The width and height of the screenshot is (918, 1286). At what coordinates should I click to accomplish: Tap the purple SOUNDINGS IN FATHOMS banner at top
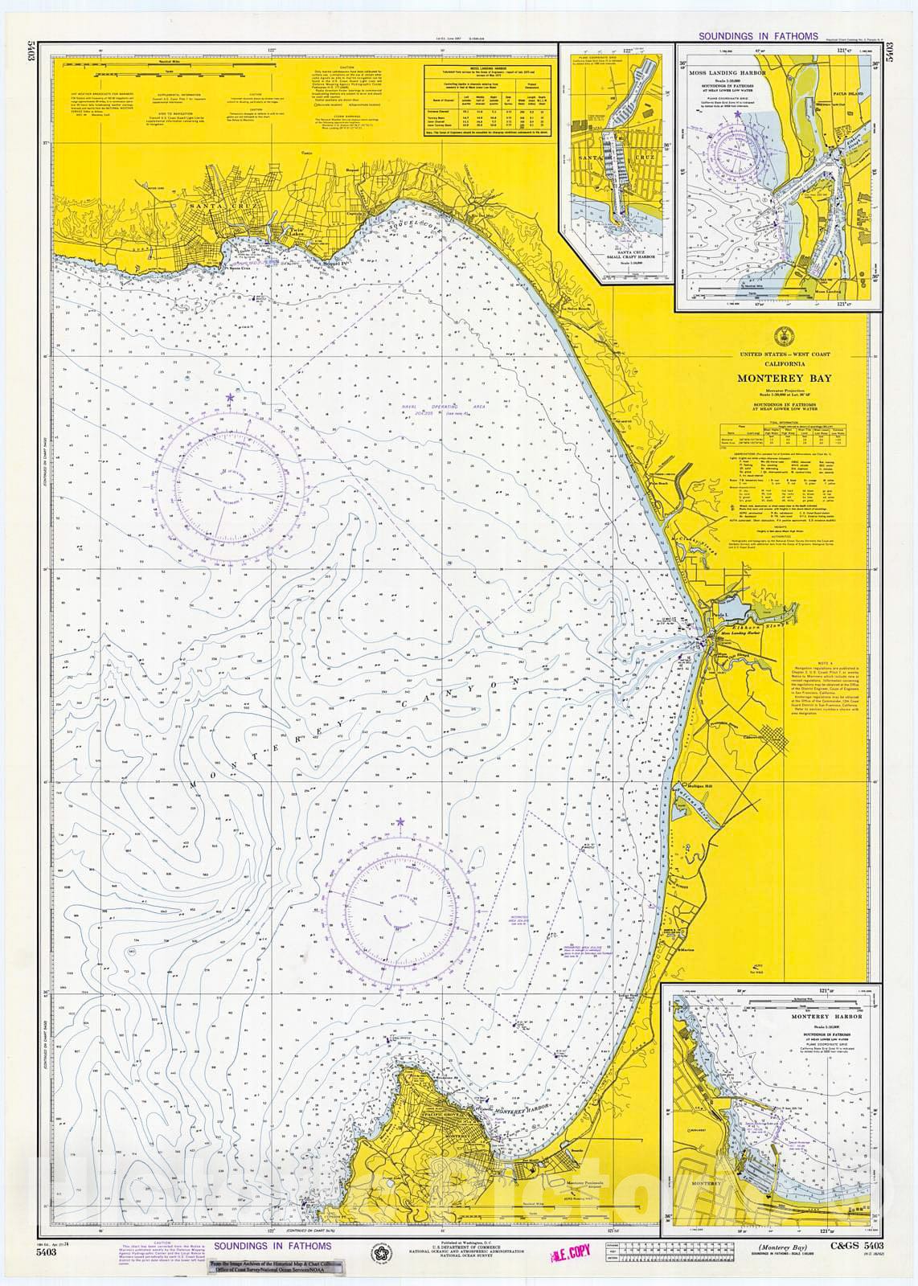click(758, 36)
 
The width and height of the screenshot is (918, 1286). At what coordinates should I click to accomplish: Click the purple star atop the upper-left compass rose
click(230, 397)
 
